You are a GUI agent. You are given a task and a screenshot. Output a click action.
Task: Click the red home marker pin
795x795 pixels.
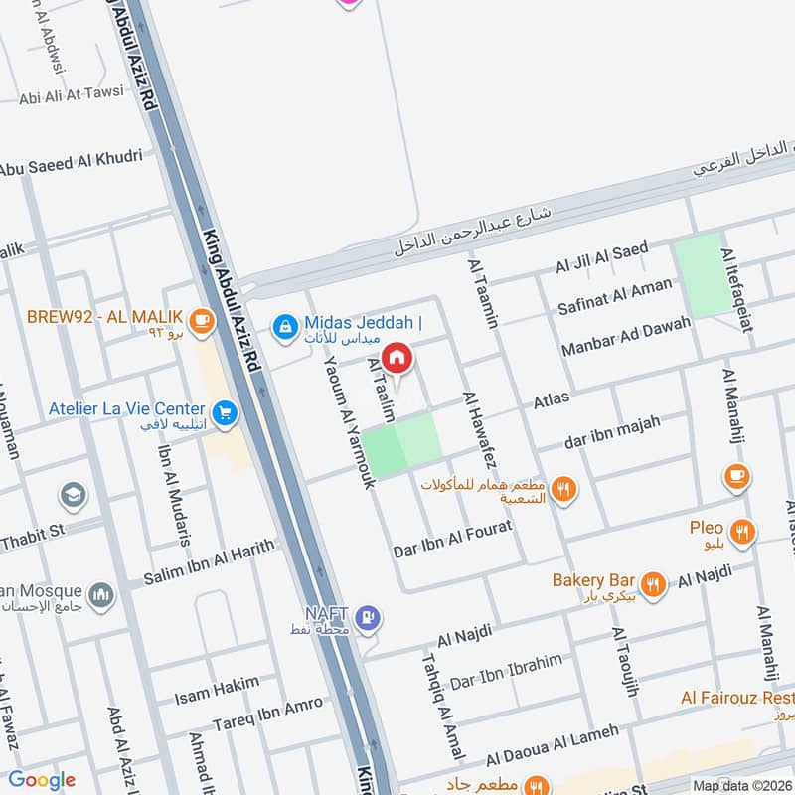396,357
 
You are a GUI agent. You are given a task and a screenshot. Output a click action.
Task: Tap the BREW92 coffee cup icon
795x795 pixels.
203,319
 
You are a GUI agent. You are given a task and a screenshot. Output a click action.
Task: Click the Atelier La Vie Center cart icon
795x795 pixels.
224,409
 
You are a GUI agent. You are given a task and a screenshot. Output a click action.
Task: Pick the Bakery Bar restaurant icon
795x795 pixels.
653,585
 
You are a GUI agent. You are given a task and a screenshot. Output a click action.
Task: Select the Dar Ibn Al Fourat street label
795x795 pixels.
453,540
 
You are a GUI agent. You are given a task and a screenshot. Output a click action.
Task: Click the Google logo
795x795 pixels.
42,780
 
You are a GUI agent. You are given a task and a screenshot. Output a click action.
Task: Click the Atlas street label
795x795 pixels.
552,399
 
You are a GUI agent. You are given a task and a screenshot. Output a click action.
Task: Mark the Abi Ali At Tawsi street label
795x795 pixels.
72,95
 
